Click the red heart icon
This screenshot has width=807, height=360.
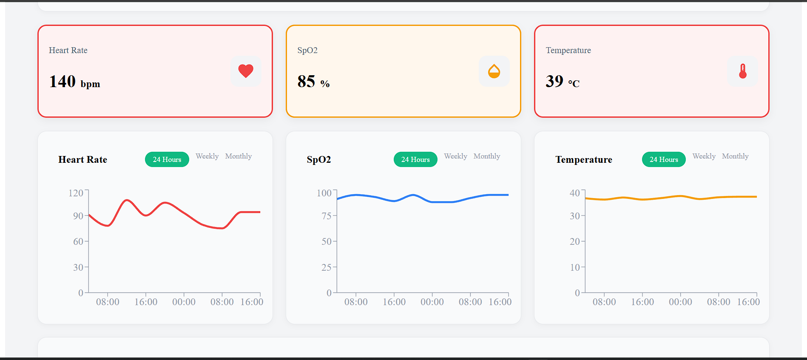click(246, 71)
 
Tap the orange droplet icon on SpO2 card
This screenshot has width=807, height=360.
click(494, 71)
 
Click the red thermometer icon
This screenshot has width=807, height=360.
click(742, 71)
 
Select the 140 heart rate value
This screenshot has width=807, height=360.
click(63, 82)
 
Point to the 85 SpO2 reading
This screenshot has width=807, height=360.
click(306, 82)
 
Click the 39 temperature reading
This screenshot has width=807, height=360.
click(554, 82)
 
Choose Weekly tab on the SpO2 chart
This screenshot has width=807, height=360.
click(455, 156)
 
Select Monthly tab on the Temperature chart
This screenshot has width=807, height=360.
click(735, 156)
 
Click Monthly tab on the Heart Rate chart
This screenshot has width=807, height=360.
click(239, 156)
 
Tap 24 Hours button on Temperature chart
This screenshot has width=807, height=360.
click(664, 159)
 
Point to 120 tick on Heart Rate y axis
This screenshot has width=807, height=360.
click(76, 193)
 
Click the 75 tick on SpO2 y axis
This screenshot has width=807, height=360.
click(326, 216)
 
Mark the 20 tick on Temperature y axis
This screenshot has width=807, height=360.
click(574, 241)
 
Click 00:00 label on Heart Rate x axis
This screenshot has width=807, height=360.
click(184, 302)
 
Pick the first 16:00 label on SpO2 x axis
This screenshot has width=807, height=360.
click(394, 302)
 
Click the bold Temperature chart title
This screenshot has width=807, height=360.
click(584, 160)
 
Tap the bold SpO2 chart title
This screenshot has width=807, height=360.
click(319, 160)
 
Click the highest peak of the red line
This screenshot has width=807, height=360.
click(127, 200)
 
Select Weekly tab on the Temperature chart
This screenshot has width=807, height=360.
click(704, 156)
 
